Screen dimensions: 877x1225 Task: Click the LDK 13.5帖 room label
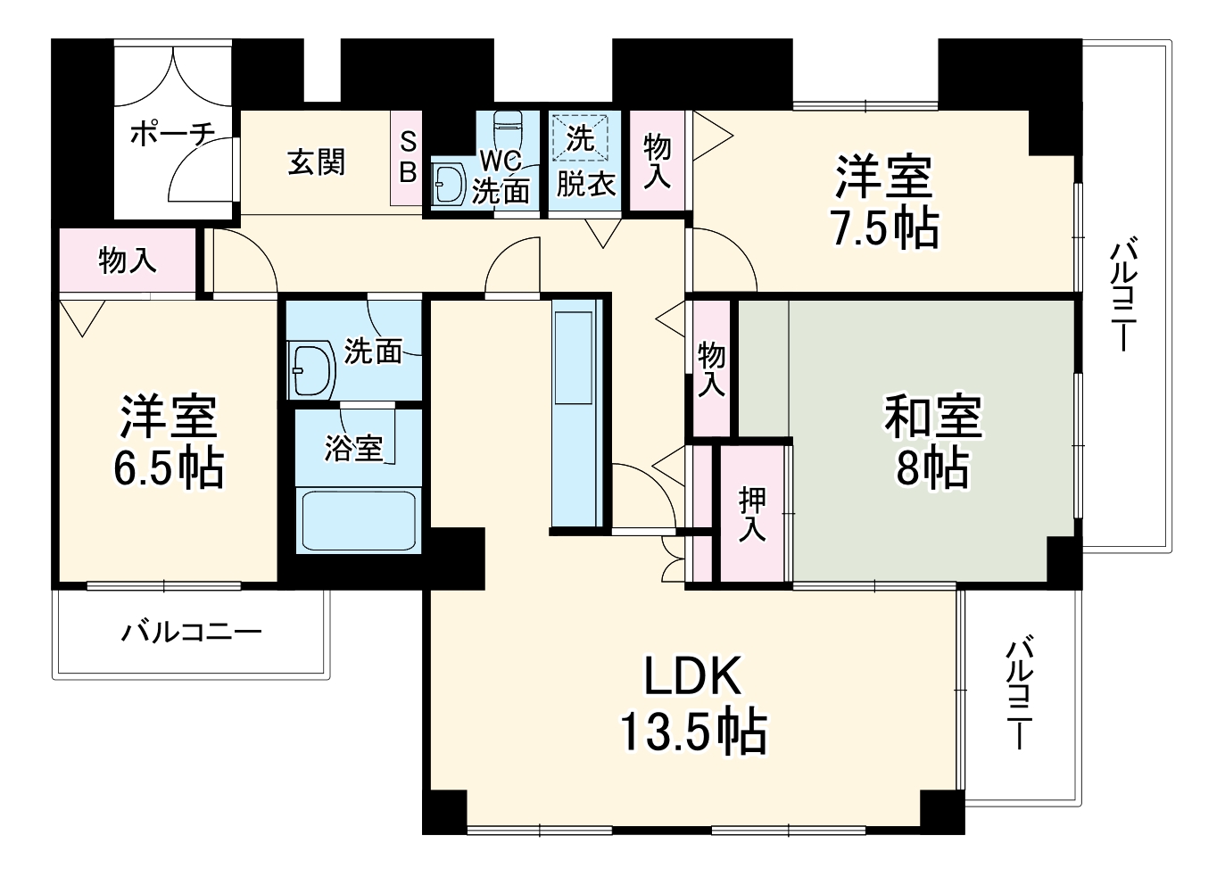point(693,705)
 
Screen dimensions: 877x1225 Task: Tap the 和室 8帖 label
point(932,442)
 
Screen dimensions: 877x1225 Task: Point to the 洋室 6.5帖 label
point(169,442)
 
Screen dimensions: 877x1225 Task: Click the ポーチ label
point(172,135)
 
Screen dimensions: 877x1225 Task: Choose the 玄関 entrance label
point(316,162)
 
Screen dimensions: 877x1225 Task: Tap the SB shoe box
point(407,158)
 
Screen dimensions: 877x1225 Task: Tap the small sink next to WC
point(449,184)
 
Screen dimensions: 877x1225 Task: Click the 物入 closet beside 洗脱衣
point(657,161)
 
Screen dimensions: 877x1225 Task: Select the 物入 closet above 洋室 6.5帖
point(127,261)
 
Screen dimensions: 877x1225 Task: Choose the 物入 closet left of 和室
point(711,368)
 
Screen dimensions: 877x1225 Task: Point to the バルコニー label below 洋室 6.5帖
point(192,633)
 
